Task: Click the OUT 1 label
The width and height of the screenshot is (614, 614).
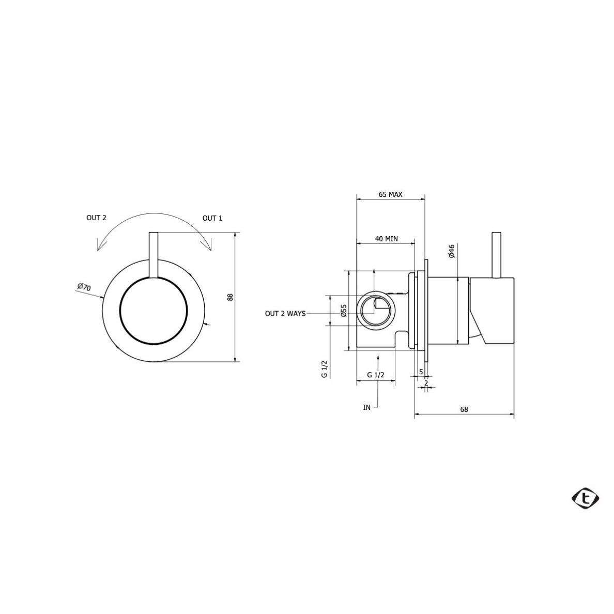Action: click(212, 219)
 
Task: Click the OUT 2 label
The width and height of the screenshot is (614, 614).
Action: click(96, 218)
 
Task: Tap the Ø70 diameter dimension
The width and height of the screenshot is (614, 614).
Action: click(84, 287)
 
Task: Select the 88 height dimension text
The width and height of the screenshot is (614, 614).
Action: click(231, 297)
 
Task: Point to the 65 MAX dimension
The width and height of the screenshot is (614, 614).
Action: click(390, 194)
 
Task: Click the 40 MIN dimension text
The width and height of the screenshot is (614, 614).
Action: click(387, 239)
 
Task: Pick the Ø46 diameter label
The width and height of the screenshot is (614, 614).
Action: click(452, 251)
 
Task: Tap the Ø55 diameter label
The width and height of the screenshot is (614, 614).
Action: click(344, 310)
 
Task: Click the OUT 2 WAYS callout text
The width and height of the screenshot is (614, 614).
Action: click(285, 314)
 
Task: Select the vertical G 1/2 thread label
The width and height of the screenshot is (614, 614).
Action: click(324, 369)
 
